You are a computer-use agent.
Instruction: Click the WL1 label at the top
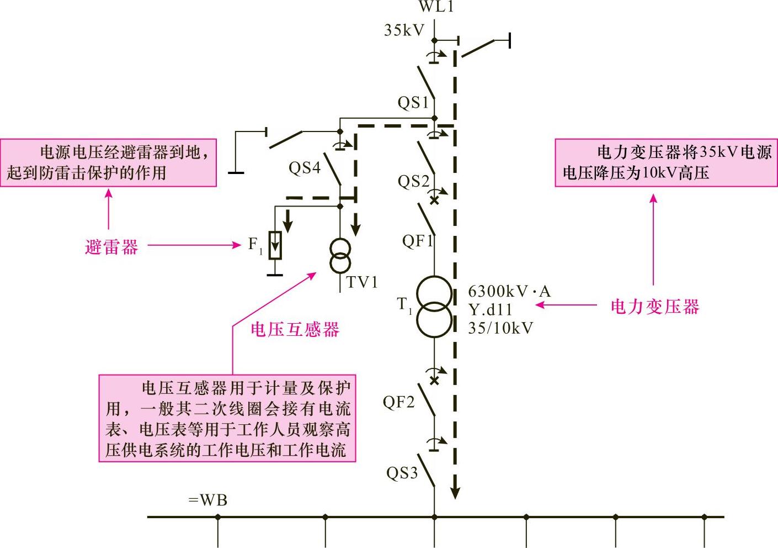(x=436, y=7)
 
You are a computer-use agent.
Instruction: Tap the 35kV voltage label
(x=404, y=30)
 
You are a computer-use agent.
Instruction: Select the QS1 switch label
(x=413, y=103)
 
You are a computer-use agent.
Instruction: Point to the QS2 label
(x=413, y=181)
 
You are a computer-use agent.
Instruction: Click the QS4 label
(x=304, y=168)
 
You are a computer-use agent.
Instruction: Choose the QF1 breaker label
(x=417, y=241)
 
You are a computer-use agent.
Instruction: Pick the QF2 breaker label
(x=398, y=402)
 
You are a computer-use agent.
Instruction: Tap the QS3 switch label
(x=402, y=473)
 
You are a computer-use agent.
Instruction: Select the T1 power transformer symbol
(x=434, y=307)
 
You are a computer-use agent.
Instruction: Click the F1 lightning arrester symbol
(x=274, y=246)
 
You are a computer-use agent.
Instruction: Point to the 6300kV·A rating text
(x=509, y=291)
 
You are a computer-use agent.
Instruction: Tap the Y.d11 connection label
(x=490, y=309)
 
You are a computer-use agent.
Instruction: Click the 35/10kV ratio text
(x=500, y=328)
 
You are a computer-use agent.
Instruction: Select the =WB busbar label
(x=207, y=500)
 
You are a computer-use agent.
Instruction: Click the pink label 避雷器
(x=111, y=246)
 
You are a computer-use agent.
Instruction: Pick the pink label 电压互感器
(x=295, y=330)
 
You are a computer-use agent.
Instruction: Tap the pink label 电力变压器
(x=654, y=307)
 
